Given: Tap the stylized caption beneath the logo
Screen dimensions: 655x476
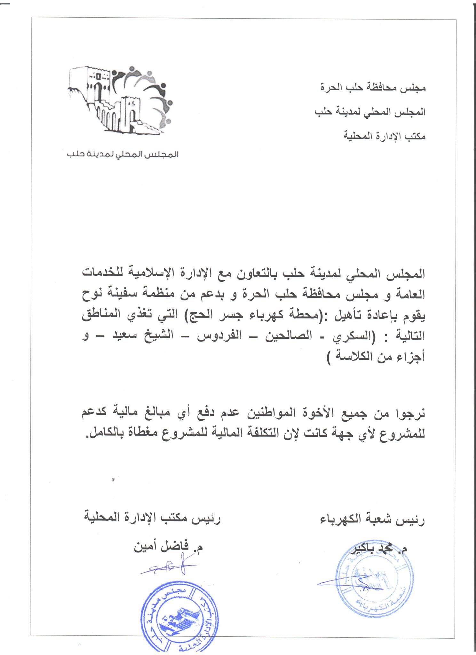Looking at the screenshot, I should click(123, 154).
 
